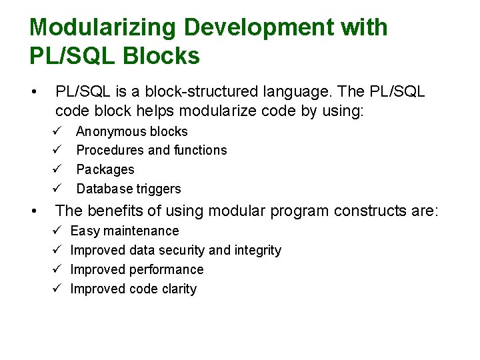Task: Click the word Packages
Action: point(105,170)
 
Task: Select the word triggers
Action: point(159,189)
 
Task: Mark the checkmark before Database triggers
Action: point(58,188)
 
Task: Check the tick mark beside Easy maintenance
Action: point(58,231)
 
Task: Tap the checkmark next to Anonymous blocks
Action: point(58,131)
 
